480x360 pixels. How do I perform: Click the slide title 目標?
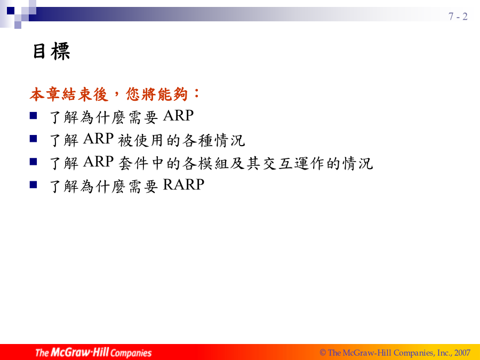[51, 51]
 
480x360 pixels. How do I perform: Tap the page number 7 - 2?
[458, 16]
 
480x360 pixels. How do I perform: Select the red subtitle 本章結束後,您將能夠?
[115, 94]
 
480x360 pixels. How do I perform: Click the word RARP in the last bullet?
[183, 185]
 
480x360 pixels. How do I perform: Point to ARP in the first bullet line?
[178, 116]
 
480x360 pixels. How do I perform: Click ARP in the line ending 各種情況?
[98, 139]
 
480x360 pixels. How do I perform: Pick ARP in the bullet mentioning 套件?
[98, 162]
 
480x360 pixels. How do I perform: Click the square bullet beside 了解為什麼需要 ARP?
[34, 115]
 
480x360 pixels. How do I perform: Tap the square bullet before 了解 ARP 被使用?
[34, 139]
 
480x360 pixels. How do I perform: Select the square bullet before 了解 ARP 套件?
[34, 162]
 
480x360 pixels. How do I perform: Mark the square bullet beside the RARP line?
[34, 185]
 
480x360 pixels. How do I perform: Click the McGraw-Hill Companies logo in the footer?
[93, 353]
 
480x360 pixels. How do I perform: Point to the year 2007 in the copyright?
[462, 353]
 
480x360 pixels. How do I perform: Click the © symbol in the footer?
[323, 353]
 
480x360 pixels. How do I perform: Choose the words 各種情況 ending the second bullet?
[214, 140]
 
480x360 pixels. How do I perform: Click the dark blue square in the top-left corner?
[11, 11]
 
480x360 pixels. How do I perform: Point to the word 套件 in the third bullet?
[133, 163]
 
